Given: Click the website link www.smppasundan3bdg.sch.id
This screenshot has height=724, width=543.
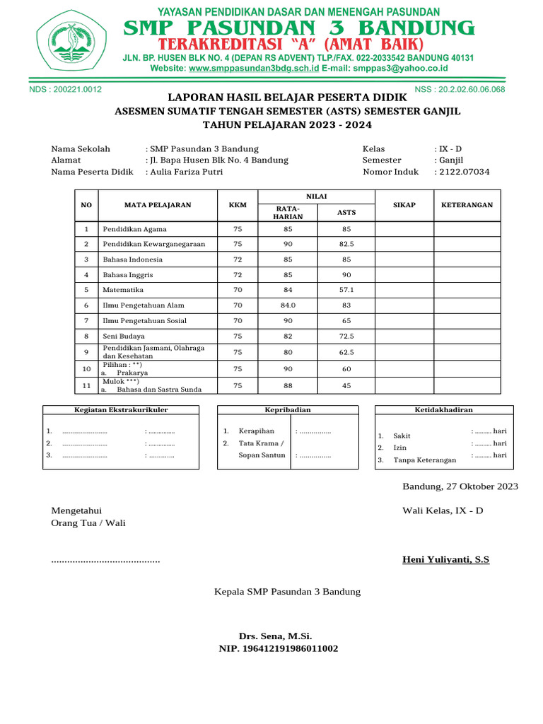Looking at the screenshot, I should point(254,69).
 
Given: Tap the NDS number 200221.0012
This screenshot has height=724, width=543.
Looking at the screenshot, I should point(65,89).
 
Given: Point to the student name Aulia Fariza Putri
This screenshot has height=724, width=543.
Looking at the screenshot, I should point(185,172).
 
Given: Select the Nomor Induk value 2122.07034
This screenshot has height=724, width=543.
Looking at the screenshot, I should point(464,172).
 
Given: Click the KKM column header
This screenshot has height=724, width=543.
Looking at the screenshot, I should point(238,205).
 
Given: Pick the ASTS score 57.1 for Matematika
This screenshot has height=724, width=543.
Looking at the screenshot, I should point(346,290).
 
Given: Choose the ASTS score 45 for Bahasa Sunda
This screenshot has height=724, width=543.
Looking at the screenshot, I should point(346,385).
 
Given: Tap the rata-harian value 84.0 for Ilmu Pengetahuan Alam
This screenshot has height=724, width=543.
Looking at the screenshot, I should point(288,305).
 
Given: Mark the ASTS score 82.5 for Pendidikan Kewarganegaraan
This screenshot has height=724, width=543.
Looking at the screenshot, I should point(346,244).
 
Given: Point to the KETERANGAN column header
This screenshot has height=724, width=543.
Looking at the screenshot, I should point(467,205).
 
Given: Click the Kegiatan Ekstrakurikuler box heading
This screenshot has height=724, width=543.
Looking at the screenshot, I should point(122,409).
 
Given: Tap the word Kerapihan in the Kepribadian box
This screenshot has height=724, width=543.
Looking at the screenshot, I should point(257,431).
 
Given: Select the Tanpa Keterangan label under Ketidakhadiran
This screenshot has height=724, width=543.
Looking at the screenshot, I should point(424,460).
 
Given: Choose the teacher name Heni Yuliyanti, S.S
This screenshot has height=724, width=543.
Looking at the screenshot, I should point(445,560).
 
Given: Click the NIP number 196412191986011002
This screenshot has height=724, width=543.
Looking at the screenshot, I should point(279,648).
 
